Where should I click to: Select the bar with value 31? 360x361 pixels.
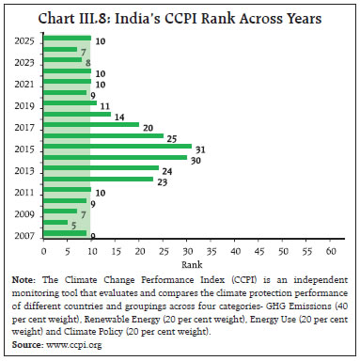[x=117, y=146]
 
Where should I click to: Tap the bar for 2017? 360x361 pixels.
[x=91, y=125]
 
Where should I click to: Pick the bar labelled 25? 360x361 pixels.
[x=103, y=135]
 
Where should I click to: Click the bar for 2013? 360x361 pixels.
[x=101, y=168]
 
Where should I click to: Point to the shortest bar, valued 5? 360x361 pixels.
[x=55, y=222]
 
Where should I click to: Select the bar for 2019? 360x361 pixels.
[x=70, y=103]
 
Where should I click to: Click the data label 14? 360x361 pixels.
[x=117, y=115]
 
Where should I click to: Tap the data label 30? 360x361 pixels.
[x=196, y=158]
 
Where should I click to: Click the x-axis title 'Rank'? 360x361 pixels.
[x=187, y=265]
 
